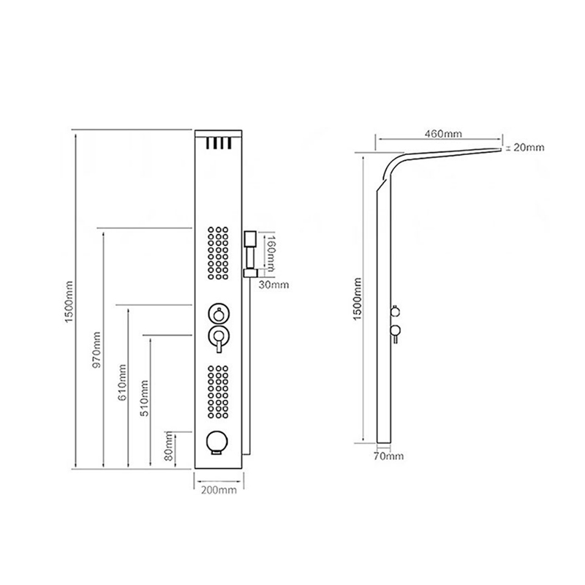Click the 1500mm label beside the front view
(69, 302)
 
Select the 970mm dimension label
(97, 350)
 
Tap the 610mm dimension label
(122, 382)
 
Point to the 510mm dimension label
(144, 398)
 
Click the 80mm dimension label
(169, 446)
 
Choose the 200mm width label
(219, 490)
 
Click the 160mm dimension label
(271, 253)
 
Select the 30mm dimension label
(273, 284)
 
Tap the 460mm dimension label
(443, 134)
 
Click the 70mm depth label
(389, 456)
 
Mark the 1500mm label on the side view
(358, 298)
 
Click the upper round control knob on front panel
(219, 314)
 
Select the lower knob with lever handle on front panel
(219, 338)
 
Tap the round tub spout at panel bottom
(216, 443)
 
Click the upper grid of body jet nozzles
(218, 253)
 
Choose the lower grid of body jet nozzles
(218, 392)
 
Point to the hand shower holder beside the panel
(250, 254)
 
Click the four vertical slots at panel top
(219, 143)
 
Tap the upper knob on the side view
(395, 310)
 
